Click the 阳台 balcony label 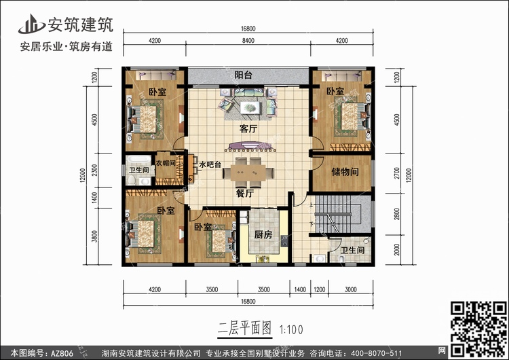[x=244, y=75]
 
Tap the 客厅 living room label [x=248, y=128]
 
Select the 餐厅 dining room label [x=245, y=194]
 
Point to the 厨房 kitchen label [x=263, y=234]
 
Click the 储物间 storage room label [x=345, y=172]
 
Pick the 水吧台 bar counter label [x=210, y=164]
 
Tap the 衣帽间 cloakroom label [x=166, y=163]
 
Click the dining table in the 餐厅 [x=248, y=173]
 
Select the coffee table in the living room [x=250, y=107]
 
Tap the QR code [x=479, y=329]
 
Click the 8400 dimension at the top [x=248, y=41]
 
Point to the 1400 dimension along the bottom [x=300, y=289]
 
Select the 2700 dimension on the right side [x=397, y=173]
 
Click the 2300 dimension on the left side [x=94, y=170]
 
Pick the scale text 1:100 [x=291, y=330]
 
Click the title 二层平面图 [x=245, y=328]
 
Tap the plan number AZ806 [x=62, y=353]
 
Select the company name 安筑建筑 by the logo [x=81, y=24]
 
